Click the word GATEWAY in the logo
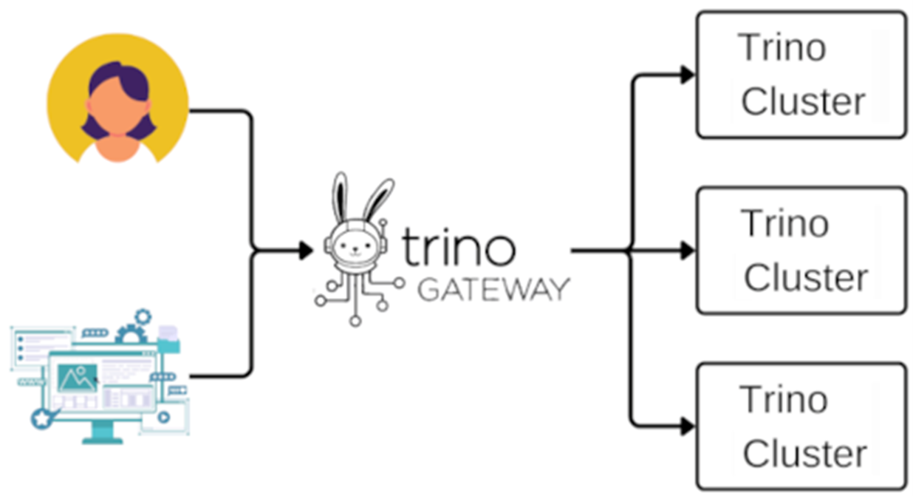click(x=493, y=288)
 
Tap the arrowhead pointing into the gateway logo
click(x=306, y=251)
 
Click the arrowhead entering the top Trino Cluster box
click(x=688, y=75)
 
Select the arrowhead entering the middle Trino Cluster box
click(x=688, y=251)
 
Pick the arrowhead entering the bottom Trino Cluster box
click(x=688, y=427)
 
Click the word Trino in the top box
click(x=782, y=49)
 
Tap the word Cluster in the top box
click(x=802, y=101)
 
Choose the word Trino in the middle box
click(x=784, y=223)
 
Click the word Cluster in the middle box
click(x=805, y=277)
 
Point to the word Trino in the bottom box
click(x=784, y=400)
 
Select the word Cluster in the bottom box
click(x=804, y=453)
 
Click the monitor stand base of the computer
click(x=102, y=439)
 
